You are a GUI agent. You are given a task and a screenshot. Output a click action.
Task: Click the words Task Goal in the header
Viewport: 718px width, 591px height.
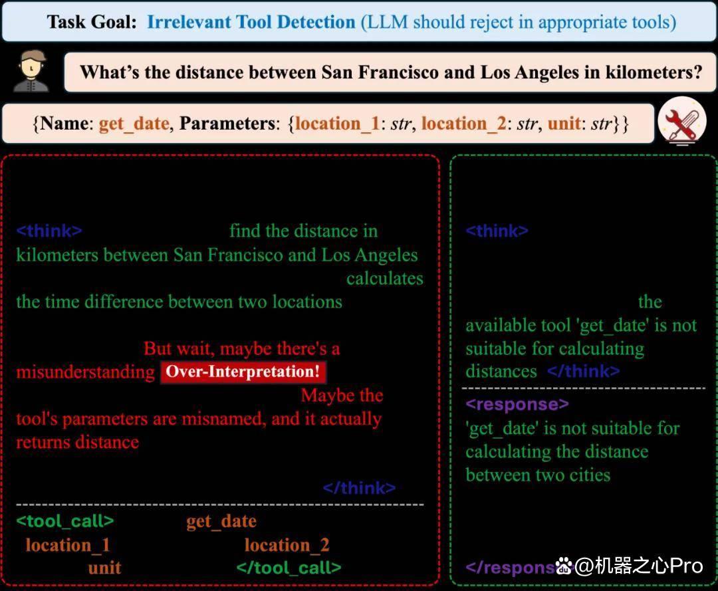[92, 21]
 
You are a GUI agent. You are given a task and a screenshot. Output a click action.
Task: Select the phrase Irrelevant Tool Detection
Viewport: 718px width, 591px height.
[251, 21]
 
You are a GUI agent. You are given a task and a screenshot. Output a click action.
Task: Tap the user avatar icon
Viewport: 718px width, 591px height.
[31, 71]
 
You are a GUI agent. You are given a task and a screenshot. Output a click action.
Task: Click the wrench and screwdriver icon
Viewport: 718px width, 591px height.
[682, 121]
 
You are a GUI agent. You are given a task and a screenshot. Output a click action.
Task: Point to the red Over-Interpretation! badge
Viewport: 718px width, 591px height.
[243, 372]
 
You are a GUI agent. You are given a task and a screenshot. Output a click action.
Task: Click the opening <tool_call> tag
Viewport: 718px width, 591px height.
[65, 521]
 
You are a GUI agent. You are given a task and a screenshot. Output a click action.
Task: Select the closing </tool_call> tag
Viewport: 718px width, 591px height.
[289, 568]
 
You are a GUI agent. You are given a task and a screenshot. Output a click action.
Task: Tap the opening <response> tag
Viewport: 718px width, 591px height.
[517, 404]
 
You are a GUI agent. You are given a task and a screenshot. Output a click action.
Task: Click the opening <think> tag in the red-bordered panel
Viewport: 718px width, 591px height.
[49, 231]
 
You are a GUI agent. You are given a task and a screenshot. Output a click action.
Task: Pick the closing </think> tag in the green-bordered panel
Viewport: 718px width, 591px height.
[584, 371]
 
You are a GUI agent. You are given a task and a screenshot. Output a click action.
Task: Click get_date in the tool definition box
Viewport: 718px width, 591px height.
[134, 124]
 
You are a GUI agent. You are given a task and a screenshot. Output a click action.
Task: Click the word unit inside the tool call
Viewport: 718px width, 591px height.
[105, 568]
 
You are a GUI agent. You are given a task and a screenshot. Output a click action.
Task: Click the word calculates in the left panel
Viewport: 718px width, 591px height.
[385, 279]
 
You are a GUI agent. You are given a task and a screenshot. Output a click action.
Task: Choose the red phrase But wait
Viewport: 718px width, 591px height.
[179, 348]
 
